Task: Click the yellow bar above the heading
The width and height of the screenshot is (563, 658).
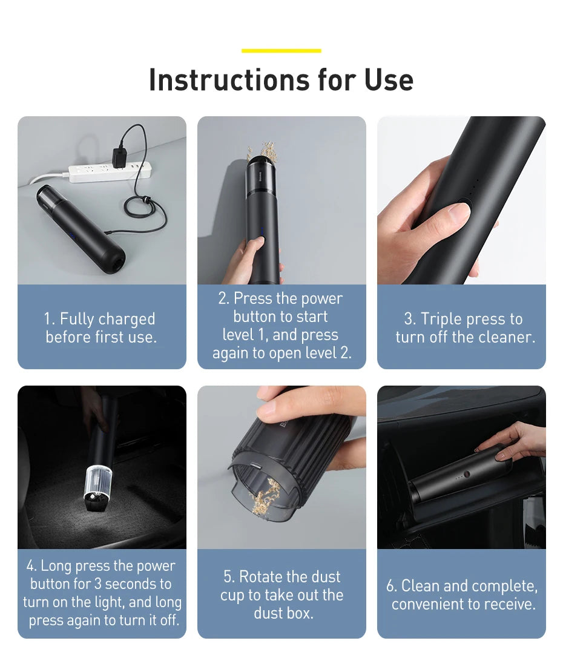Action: click(x=281, y=51)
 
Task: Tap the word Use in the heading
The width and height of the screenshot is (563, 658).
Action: click(x=389, y=80)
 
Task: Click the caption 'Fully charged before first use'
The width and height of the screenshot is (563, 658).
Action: click(x=101, y=327)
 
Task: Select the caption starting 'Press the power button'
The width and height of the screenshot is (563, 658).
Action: click(x=281, y=326)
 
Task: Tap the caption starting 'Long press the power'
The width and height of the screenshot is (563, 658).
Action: click(x=102, y=593)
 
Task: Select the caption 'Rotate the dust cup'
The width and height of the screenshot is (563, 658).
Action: click(x=281, y=594)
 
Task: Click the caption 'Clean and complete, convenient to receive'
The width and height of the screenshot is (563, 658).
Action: click(x=463, y=594)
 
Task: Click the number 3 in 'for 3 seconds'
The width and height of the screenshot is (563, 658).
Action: click(x=97, y=584)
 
